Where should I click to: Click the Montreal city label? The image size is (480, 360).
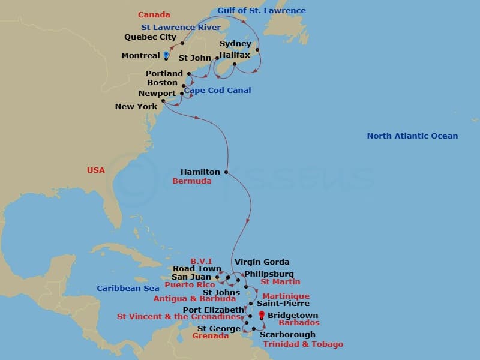140,55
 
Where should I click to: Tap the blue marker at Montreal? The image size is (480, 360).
166,55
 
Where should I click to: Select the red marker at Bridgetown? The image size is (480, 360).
261,314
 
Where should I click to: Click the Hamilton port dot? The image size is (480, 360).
226,172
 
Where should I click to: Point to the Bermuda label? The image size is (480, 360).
191,181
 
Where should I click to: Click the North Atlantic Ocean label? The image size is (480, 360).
412,136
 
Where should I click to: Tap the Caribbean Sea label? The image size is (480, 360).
128,289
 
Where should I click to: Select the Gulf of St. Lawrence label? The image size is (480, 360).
261,11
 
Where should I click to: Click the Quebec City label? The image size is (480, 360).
151,37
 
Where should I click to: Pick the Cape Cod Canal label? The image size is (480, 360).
217,91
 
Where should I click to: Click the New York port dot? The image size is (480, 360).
163,101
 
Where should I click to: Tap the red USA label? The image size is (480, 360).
96,170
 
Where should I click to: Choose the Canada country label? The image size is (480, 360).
154,15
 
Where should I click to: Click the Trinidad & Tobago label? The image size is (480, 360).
302,344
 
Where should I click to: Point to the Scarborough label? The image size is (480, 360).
287,334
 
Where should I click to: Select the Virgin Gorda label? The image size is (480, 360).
262,262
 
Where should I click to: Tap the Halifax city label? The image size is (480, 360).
234,55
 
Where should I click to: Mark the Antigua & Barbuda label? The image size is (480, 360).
194,299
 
